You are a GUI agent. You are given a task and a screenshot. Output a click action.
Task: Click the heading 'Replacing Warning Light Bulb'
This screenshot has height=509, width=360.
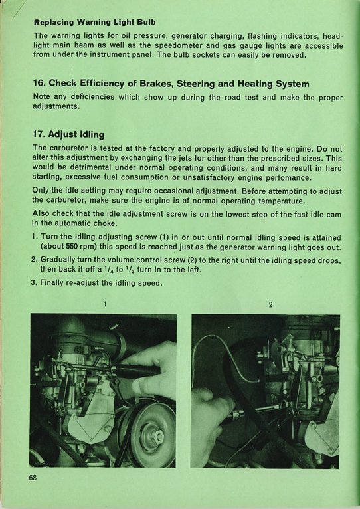click(x=94, y=23)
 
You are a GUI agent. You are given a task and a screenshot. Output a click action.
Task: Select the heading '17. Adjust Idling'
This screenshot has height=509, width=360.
click(x=68, y=134)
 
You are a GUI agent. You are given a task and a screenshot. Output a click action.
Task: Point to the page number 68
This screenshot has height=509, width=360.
click(x=33, y=478)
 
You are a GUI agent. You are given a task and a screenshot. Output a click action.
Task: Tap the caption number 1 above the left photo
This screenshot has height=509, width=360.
click(x=105, y=304)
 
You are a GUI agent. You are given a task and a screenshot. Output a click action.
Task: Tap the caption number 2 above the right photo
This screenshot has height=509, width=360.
click(x=270, y=304)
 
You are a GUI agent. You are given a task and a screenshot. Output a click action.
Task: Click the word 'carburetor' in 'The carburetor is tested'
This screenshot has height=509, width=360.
click(x=68, y=149)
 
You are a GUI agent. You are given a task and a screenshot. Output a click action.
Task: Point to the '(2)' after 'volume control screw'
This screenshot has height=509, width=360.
click(x=190, y=260)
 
